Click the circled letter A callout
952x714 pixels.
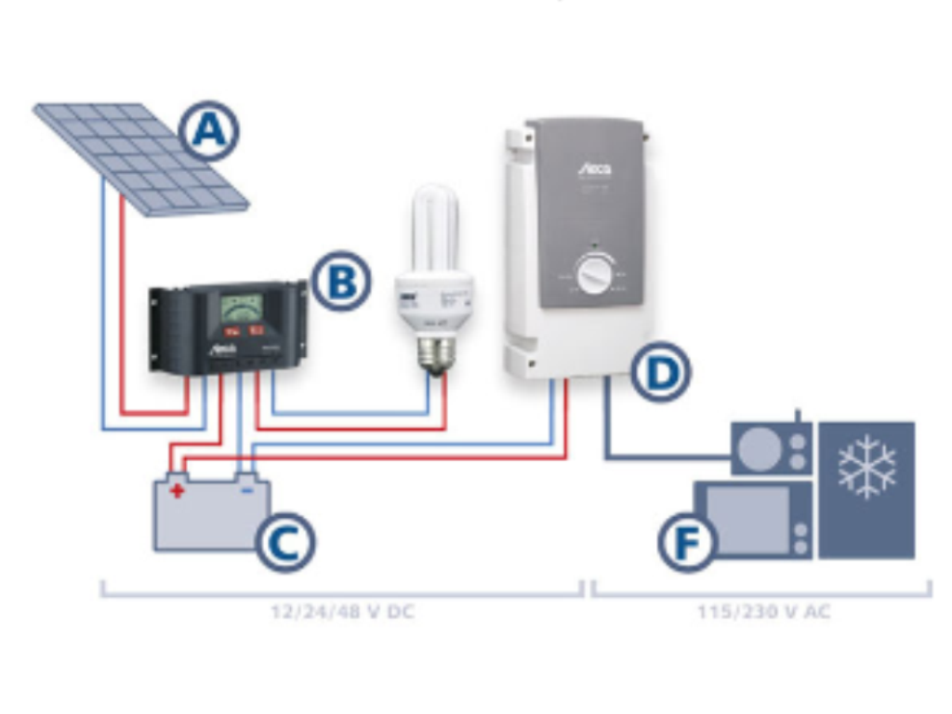[208, 131]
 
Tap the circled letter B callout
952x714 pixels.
[341, 282]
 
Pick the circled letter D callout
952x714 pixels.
[660, 372]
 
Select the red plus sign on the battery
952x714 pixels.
[177, 490]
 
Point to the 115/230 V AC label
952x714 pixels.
[763, 614]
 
